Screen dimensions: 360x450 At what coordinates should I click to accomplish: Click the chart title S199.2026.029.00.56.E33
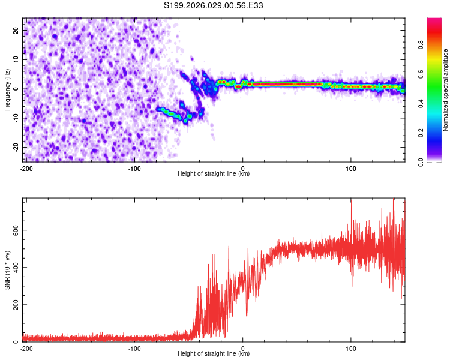214,6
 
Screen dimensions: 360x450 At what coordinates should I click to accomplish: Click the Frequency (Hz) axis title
7,90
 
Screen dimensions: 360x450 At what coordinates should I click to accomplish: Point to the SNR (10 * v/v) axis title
7,270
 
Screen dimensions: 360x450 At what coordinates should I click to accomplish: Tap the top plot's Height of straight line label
214,173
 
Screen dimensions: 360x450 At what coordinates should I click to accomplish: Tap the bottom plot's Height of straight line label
214,353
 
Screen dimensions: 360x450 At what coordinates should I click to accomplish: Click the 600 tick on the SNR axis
14,230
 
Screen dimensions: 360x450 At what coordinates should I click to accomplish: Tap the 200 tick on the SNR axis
14,305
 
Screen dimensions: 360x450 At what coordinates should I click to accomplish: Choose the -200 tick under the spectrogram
26,168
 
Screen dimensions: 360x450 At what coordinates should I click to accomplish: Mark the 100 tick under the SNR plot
350,348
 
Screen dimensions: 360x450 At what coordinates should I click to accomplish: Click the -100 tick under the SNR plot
134,348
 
